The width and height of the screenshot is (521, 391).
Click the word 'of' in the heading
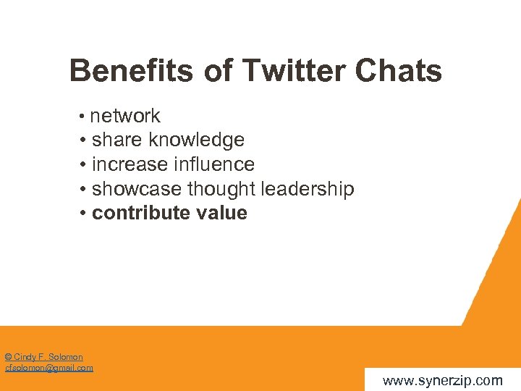pyautogui.click(x=215, y=71)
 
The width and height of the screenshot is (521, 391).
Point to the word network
pyautogui.click(x=125, y=116)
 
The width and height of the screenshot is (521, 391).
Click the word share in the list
pyautogui.click(x=117, y=140)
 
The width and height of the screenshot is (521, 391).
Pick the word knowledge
pyautogui.click(x=197, y=140)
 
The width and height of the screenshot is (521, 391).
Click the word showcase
pyautogui.click(x=137, y=189)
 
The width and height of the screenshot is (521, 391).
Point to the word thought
pyautogui.click(x=221, y=189)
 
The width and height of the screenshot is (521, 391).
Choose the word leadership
pyautogui.click(x=307, y=189)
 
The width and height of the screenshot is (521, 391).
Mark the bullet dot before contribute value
pyautogui.click(x=84, y=214)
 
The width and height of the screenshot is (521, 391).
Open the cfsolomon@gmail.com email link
pyautogui.click(x=49, y=368)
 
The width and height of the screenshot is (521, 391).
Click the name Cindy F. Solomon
pyautogui.click(x=48, y=357)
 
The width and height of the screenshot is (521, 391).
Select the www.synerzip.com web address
pyautogui.click(x=442, y=380)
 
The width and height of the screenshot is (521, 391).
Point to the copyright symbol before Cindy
pyautogui.click(x=7, y=357)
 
